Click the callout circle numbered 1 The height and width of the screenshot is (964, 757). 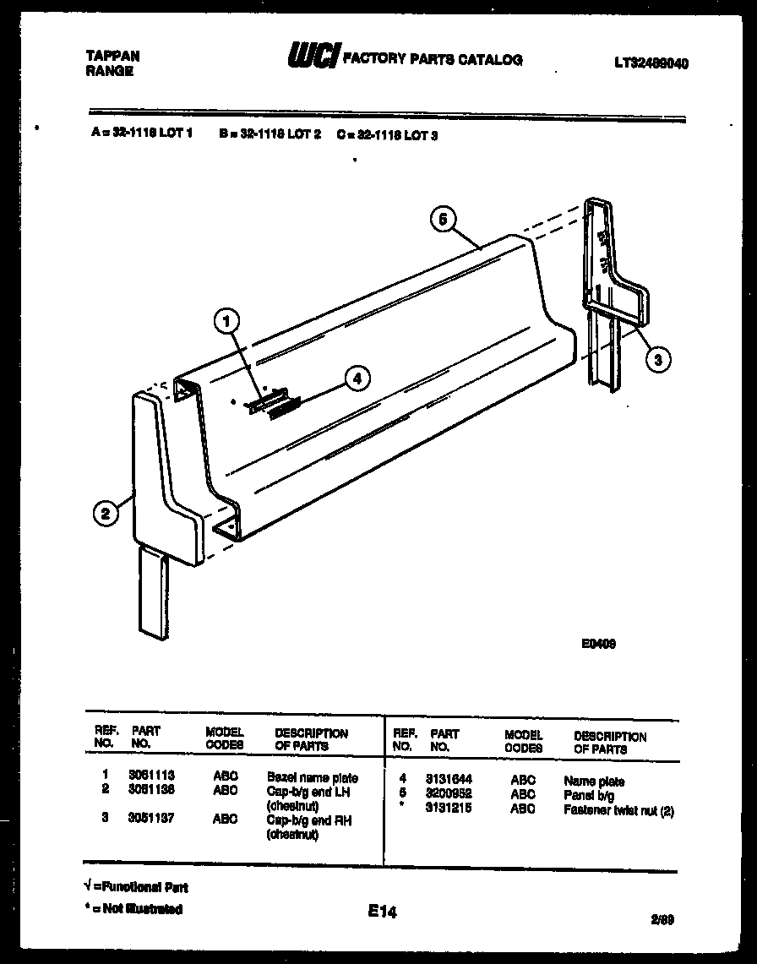tap(226, 321)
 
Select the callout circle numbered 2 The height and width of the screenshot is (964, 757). tap(105, 513)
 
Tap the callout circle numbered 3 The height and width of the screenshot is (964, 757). tap(659, 359)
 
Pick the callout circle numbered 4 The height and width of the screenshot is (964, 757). tap(357, 379)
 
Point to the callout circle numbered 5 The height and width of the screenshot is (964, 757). tap(442, 219)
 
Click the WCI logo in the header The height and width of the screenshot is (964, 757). tap(313, 57)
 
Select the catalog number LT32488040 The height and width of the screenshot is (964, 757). tap(651, 62)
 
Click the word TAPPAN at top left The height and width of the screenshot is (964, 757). tap(112, 56)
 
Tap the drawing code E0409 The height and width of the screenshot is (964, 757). tap(597, 643)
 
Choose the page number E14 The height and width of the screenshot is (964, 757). tap(382, 912)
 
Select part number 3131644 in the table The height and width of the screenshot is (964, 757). tap(450, 781)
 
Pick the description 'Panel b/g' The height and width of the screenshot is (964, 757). tap(589, 795)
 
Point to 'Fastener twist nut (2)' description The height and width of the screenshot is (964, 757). tap(618, 809)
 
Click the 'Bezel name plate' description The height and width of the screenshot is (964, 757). tap(312, 777)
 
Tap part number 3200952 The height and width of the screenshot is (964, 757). tap(450, 794)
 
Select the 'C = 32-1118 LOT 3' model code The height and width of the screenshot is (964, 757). tap(386, 133)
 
